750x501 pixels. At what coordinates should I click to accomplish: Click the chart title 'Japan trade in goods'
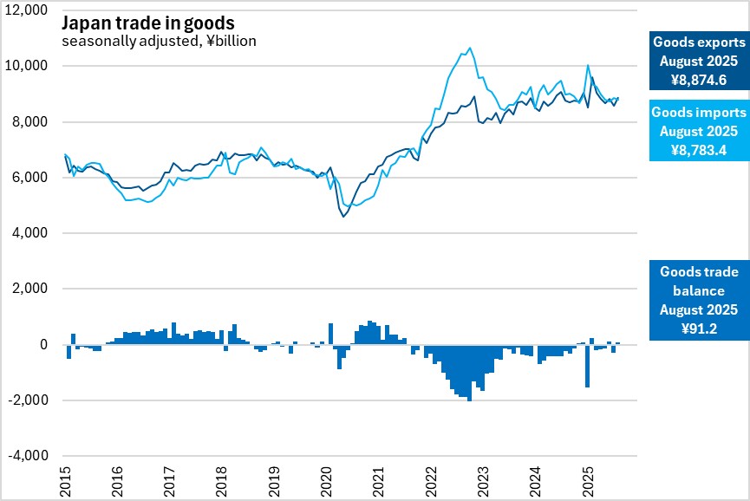point(148,21)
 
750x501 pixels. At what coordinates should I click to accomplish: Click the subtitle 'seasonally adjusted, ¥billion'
point(159,40)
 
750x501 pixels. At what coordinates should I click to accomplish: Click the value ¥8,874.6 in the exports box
point(698,80)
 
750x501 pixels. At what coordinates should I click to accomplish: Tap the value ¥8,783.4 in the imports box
point(698,150)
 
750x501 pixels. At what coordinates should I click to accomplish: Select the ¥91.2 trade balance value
point(698,329)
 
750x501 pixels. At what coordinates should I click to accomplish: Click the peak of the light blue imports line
point(470,49)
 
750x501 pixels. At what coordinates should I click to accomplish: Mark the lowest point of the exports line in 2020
point(343,216)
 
